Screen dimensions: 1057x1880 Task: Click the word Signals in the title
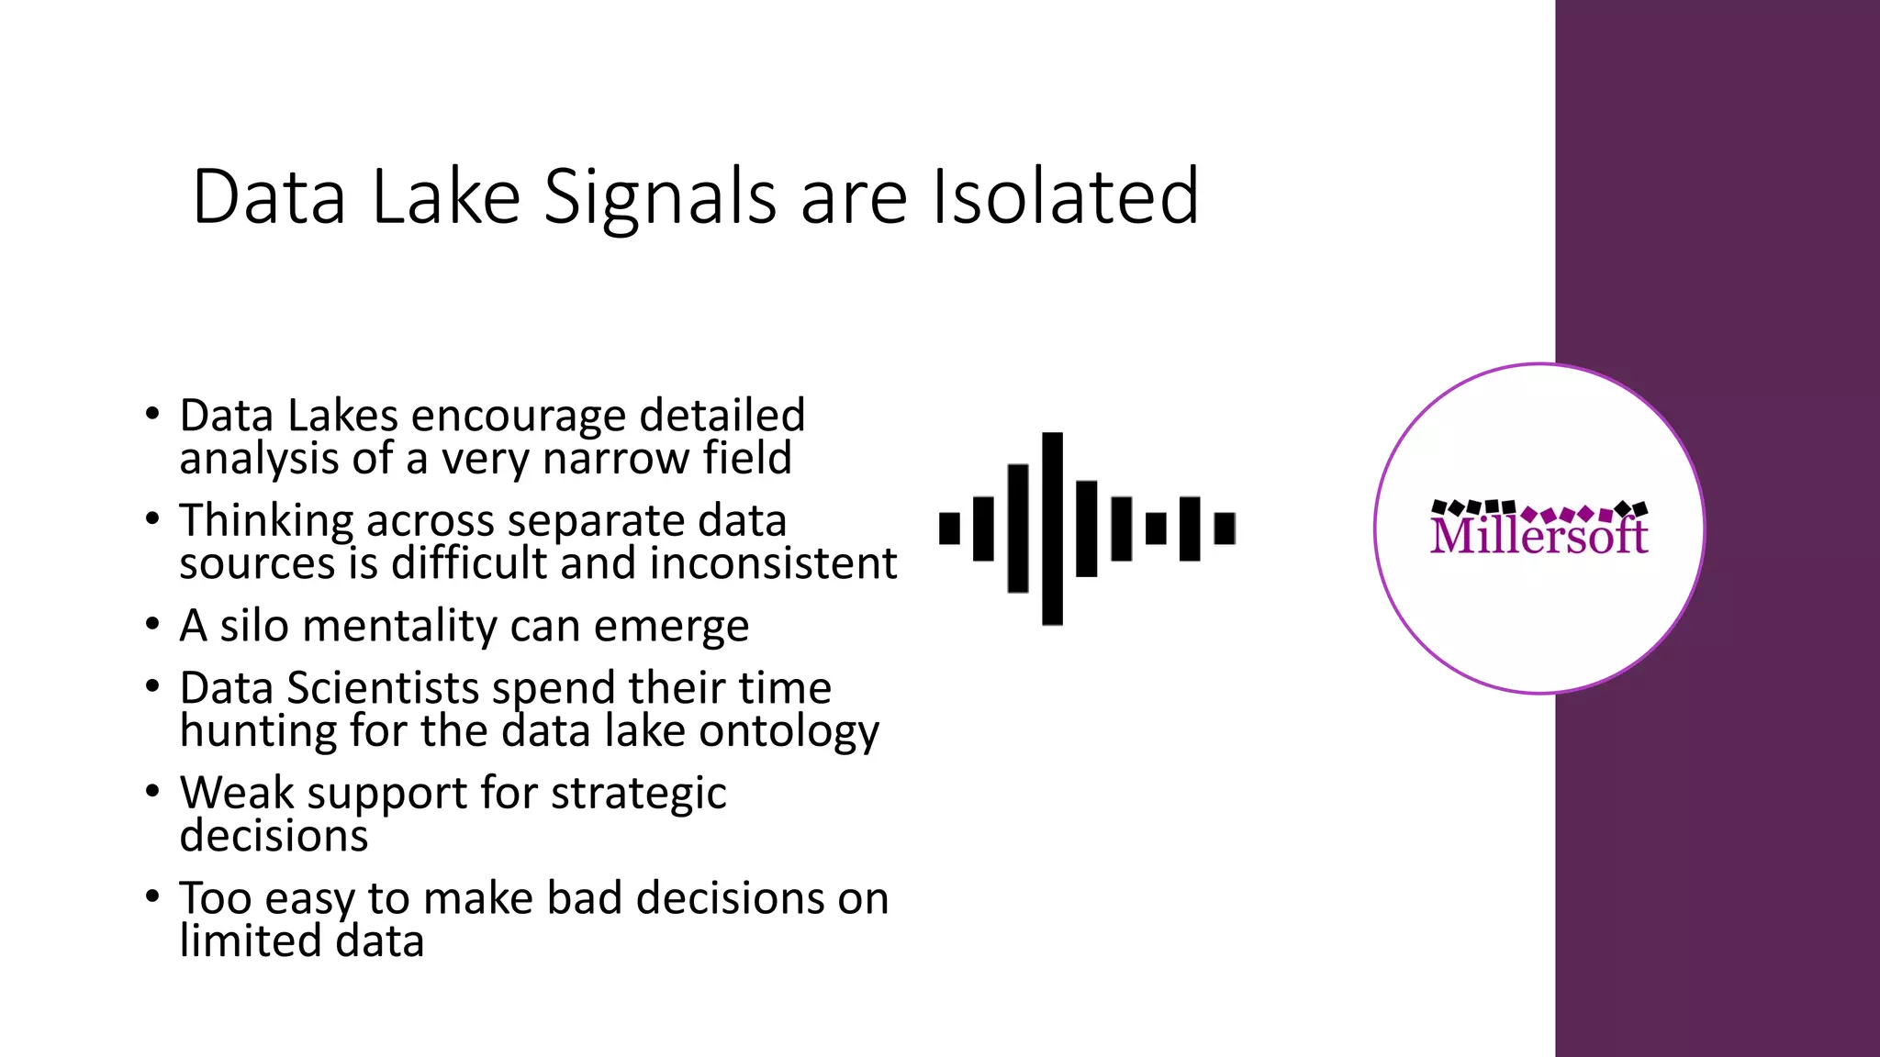pos(659,197)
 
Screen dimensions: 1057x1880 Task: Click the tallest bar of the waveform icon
pos(1052,528)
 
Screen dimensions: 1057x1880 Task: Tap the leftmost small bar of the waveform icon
pos(949,528)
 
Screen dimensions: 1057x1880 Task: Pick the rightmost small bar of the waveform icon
pos(1225,528)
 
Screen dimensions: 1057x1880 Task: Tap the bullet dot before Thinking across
pos(152,519)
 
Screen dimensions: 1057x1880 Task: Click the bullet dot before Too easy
pos(152,896)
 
